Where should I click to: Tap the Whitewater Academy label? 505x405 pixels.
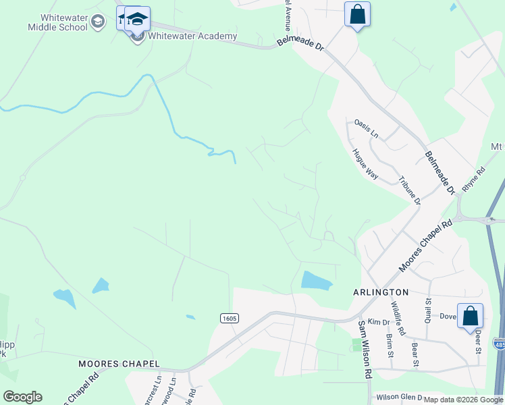[x=192, y=36]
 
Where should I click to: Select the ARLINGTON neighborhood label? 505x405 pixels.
[x=381, y=292]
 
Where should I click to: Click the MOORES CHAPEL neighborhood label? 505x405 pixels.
[x=119, y=363]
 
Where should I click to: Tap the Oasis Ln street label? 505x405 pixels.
[x=367, y=128]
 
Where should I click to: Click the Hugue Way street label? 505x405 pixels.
[x=365, y=163]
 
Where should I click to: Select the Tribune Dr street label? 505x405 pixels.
[x=410, y=191]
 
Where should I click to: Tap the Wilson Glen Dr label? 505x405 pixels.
[x=399, y=398]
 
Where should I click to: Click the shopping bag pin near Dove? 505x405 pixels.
[x=470, y=315]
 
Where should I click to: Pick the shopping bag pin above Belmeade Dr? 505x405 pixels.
[x=357, y=14]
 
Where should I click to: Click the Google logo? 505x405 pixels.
[x=22, y=397]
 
